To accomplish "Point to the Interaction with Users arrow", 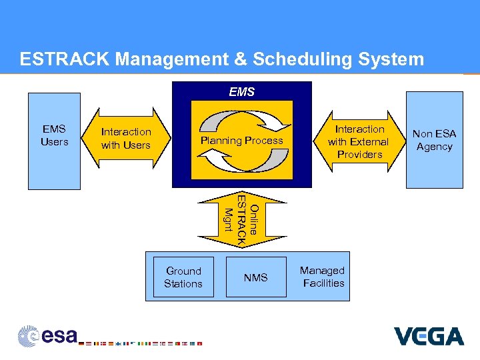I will point(126,138).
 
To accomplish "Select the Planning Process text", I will point(241,141).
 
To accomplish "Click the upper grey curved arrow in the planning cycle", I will point(241,120).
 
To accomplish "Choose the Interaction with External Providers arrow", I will point(359,141).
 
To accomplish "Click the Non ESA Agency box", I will point(434,140).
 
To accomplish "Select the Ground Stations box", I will point(183,277).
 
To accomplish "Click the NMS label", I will point(255,277).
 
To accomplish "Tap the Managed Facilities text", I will point(322,277).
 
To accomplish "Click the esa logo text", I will point(60,336).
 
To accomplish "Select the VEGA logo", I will point(428,336).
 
